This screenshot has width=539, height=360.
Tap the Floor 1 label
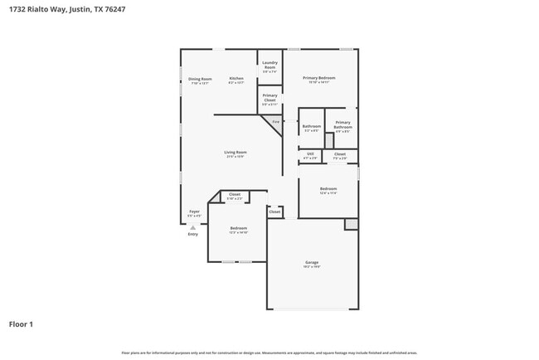tap(22, 324)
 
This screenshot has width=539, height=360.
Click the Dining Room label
tap(200, 80)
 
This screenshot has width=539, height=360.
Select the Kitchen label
tap(236, 80)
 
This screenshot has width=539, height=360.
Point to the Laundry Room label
tap(269, 65)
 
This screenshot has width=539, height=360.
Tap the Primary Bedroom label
tap(318, 79)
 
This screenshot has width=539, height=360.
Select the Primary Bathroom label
tap(342, 125)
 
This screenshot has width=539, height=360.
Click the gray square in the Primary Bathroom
tap(329, 140)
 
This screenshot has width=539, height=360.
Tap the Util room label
tap(310, 155)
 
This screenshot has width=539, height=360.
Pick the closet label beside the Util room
tap(340, 155)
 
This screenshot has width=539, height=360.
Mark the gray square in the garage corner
tap(352, 224)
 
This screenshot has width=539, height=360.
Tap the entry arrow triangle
tap(193, 226)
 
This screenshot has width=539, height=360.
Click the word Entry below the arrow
tap(193, 234)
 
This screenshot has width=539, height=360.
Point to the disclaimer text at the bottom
tap(269, 353)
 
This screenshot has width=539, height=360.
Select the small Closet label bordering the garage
tap(274, 212)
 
